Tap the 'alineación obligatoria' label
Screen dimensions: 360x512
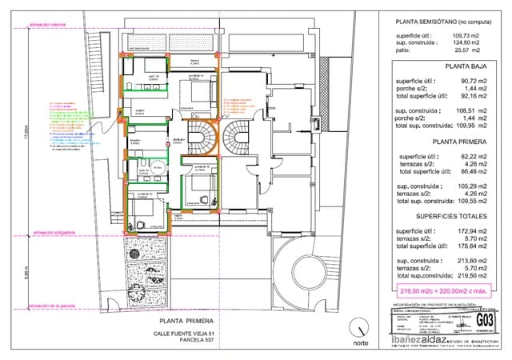(x=54, y=233)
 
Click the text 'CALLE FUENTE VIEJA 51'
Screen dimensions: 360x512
(x=184, y=334)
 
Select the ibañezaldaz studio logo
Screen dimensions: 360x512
(x=416, y=339)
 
